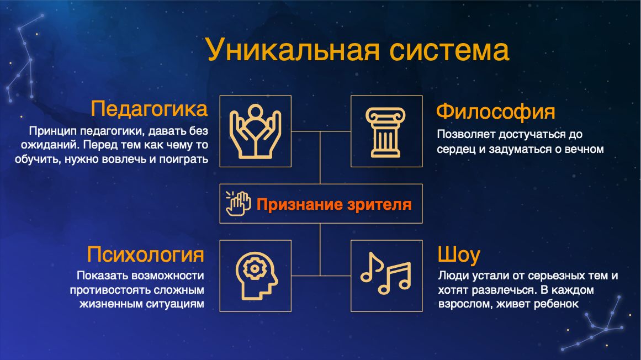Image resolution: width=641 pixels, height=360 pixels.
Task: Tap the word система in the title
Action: coord(449,50)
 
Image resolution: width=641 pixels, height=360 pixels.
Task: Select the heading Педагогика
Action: coord(149,109)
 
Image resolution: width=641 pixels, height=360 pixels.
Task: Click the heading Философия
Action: coord(495,111)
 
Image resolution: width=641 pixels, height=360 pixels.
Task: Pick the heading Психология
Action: coord(145,254)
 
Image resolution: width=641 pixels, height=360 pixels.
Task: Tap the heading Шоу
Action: coord(459,254)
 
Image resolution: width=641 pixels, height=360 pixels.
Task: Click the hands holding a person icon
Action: coord(256,131)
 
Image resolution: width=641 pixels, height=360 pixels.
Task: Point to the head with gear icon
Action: coord(256,276)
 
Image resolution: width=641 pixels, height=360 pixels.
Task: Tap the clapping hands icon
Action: coord(238,203)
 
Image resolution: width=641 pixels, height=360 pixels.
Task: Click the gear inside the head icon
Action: coord(255,268)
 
